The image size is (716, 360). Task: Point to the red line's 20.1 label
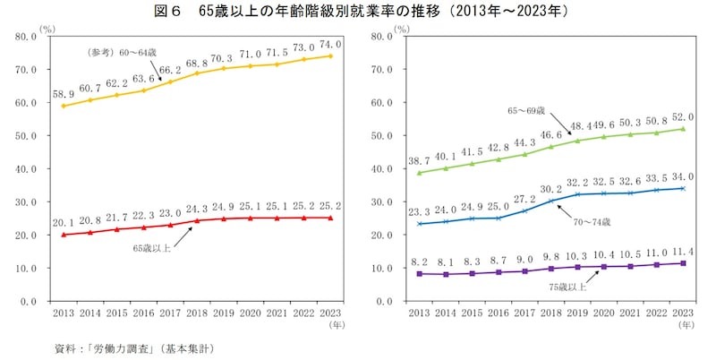pos(63,221)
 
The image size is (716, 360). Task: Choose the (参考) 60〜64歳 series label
pos(127,52)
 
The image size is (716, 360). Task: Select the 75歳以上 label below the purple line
pos(567,287)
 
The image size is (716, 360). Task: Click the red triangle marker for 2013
pos(63,234)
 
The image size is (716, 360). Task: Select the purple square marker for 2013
pos(418,273)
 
